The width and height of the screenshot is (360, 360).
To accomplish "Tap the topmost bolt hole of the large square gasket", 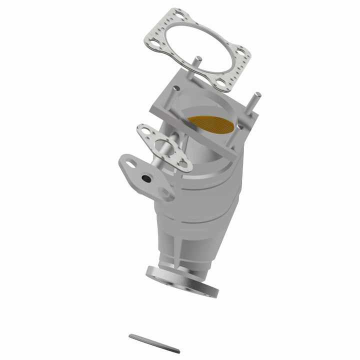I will [x=178, y=14].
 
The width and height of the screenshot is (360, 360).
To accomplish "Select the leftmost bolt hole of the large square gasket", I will [x=152, y=42].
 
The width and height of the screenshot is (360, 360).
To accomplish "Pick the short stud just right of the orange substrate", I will [x=239, y=128].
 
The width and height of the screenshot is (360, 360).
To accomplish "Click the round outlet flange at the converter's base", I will [x=182, y=282].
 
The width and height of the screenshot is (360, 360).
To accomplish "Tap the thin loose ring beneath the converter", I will [x=154, y=343].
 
